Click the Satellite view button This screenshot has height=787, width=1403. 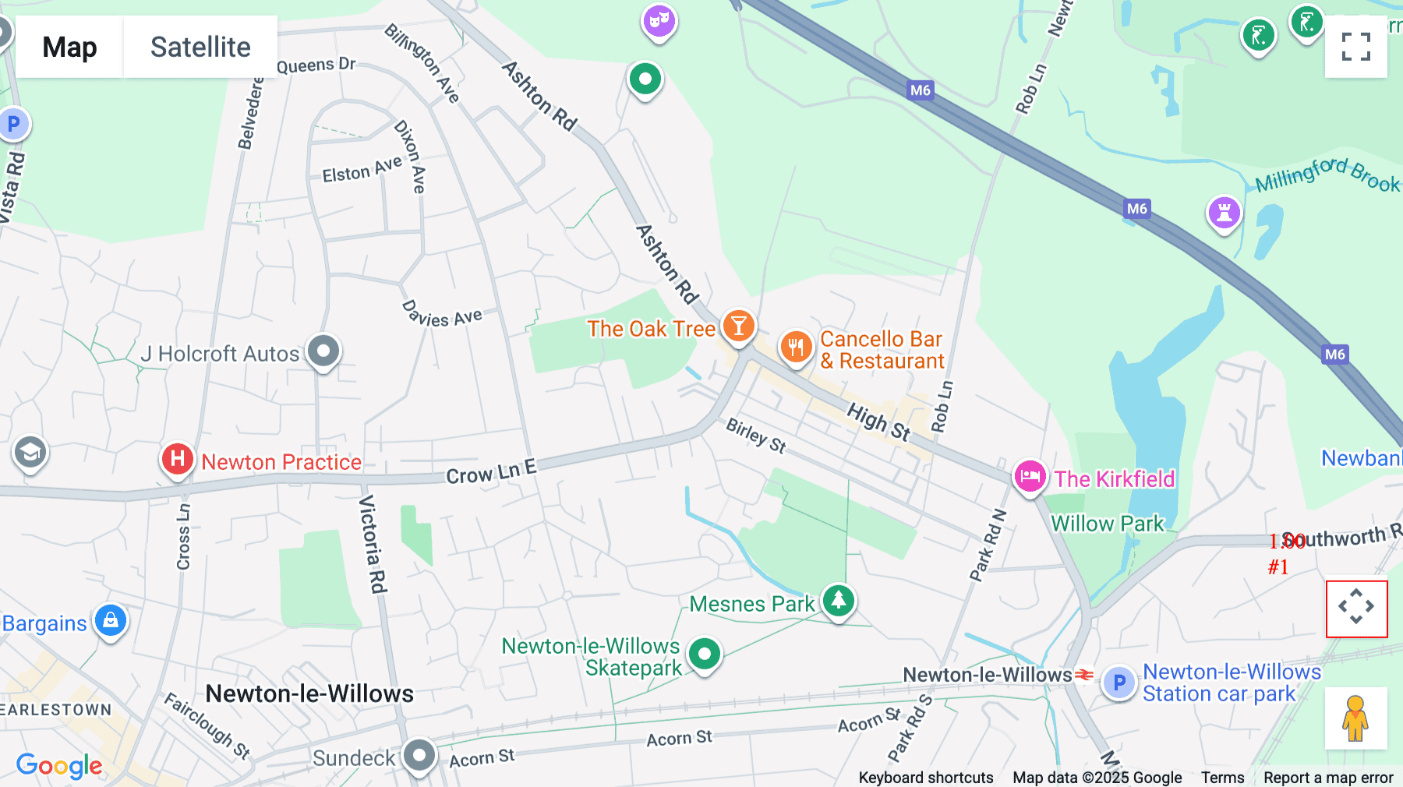(x=200, y=47)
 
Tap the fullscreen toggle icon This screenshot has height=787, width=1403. (x=1355, y=47)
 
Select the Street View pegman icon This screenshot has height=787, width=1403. (x=1355, y=718)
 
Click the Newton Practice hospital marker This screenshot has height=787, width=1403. (x=178, y=459)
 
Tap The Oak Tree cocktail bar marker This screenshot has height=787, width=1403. (x=738, y=326)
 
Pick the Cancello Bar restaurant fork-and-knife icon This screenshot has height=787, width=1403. (x=796, y=347)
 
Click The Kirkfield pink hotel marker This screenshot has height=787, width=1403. (x=1030, y=475)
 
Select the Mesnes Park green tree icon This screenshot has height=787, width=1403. (x=839, y=601)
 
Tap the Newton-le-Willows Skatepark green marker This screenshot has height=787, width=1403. (x=705, y=654)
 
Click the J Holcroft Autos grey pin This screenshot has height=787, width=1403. (x=323, y=351)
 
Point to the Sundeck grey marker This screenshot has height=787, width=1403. (x=419, y=754)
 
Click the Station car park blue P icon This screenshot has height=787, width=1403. (x=1119, y=683)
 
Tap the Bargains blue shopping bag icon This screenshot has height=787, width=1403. (x=111, y=620)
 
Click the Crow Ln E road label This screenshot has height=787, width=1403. (x=491, y=471)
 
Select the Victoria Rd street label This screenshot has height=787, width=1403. (x=373, y=544)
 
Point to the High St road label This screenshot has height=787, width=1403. (x=878, y=422)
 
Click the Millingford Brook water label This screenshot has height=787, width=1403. (x=1327, y=175)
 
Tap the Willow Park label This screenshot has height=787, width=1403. (x=1108, y=524)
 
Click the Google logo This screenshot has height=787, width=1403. (x=59, y=765)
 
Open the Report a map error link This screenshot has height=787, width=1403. (x=1328, y=778)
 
